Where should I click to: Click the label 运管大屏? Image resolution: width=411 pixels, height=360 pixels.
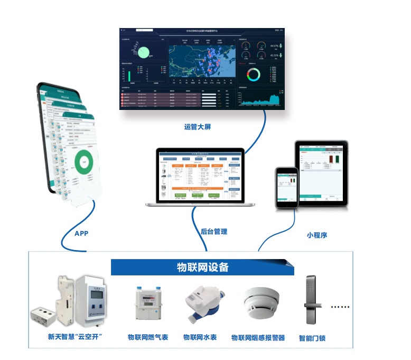click(x=199, y=127)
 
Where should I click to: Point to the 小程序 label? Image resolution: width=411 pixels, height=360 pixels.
click(x=316, y=235)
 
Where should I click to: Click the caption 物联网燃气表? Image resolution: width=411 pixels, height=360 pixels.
click(x=148, y=337)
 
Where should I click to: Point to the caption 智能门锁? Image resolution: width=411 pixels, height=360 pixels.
click(x=312, y=337)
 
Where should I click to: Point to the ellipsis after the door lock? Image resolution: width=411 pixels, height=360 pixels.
click(x=340, y=307)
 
